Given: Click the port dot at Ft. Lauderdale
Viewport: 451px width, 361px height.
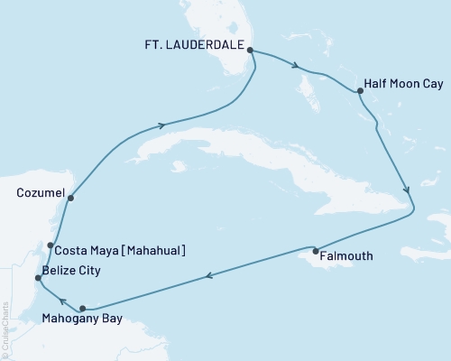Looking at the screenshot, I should [250, 51].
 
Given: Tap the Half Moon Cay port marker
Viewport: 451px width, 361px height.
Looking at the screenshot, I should [360, 91].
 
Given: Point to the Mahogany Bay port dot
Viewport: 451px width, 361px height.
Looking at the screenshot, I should [82, 308].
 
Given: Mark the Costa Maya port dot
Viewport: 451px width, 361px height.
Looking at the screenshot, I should [51, 245].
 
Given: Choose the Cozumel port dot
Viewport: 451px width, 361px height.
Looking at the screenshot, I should [69, 197].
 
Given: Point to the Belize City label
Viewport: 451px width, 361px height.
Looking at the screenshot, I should [70, 270].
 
